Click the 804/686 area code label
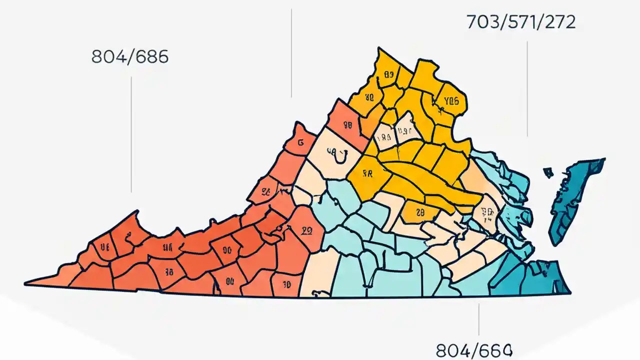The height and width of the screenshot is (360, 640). (130, 57)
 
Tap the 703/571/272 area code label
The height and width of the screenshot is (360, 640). (521, 22)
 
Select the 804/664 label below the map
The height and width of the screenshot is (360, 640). (474, 350)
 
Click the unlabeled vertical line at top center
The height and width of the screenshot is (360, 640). (291, 52)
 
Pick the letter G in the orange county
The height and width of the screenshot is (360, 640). (300, 142)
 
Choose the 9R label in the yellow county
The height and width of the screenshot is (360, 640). (367, 174)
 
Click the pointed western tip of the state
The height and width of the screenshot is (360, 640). (26, 284)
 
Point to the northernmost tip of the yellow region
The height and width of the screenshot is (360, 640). (378, 48)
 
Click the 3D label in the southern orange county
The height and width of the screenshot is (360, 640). (286, 284)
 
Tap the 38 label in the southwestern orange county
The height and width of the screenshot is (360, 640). (168, 271)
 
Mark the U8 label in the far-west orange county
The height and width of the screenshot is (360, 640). (104, 246)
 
